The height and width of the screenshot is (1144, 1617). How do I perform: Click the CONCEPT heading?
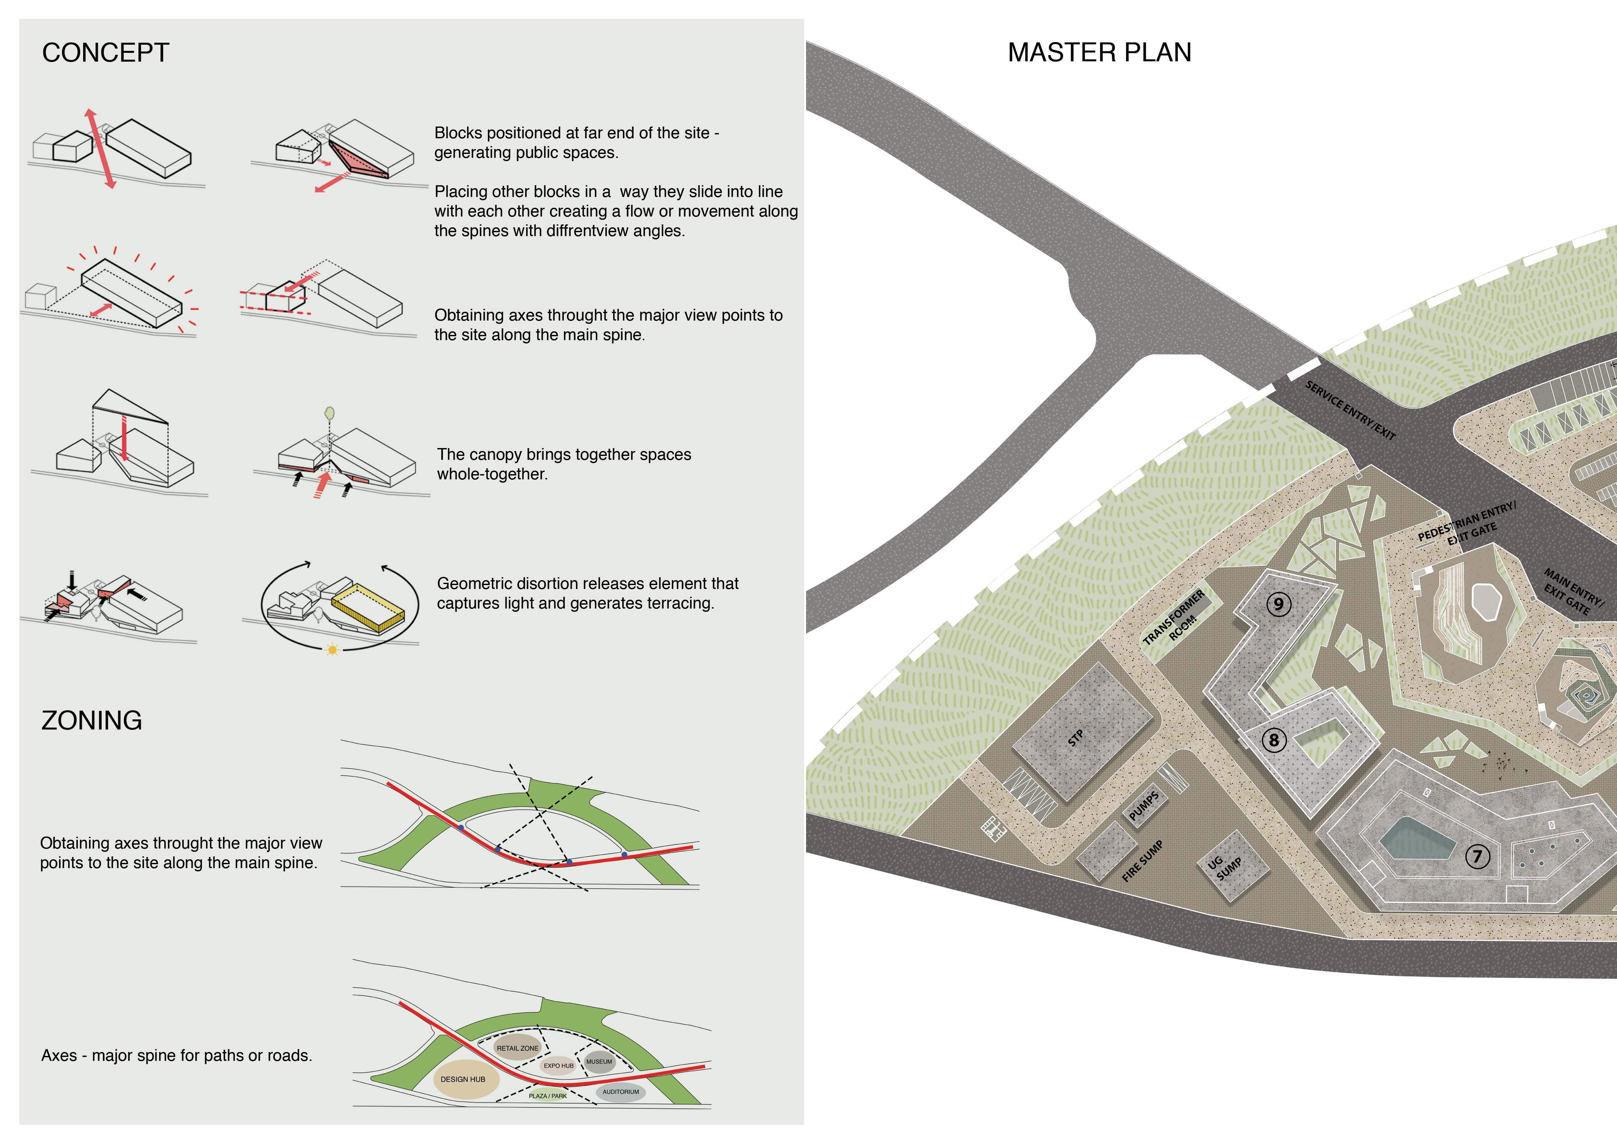point(106,53)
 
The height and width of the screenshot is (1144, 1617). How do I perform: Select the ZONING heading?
point(92,721)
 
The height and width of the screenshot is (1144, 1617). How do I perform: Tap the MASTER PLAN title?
point(1099,53)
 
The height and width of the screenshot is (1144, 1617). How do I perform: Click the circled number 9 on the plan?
point(1278,604)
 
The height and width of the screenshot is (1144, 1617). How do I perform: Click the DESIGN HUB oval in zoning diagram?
point(463,1079)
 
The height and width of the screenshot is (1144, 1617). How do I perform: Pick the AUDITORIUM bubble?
point(621,1092)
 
